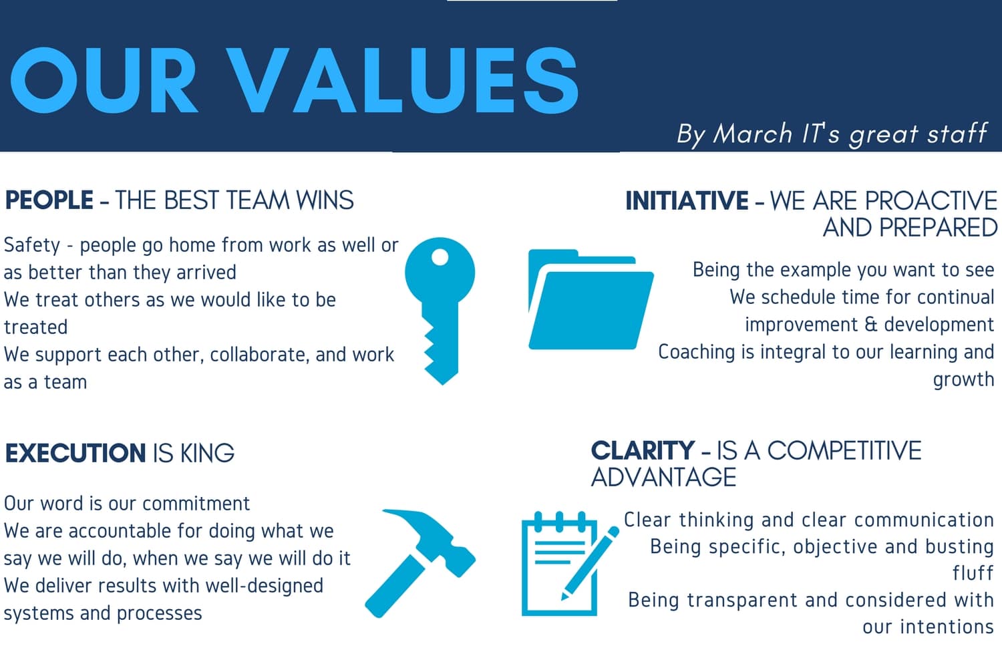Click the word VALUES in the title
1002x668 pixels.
tap(401, 81)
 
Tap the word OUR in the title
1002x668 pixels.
tap(104, 81)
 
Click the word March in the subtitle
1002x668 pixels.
tap(752, 134)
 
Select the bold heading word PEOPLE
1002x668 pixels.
tap(49, 200)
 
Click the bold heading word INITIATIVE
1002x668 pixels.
tap(687, 200)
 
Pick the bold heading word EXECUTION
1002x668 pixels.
tap(75, 453)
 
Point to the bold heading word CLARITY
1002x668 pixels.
tap(643, 450)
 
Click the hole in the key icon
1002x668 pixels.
tap(440, 257)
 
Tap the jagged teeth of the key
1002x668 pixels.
tap(430, 345)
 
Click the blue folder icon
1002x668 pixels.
tap(591, 299)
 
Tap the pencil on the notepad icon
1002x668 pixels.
tap(590, 563)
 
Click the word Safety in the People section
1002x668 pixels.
tap(32, 245)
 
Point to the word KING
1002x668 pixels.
tap(207, 453)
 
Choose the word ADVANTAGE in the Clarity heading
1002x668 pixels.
tap(663, 477)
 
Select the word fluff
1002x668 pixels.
tap(973, 572)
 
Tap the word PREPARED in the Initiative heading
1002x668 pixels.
tap(938, 228)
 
